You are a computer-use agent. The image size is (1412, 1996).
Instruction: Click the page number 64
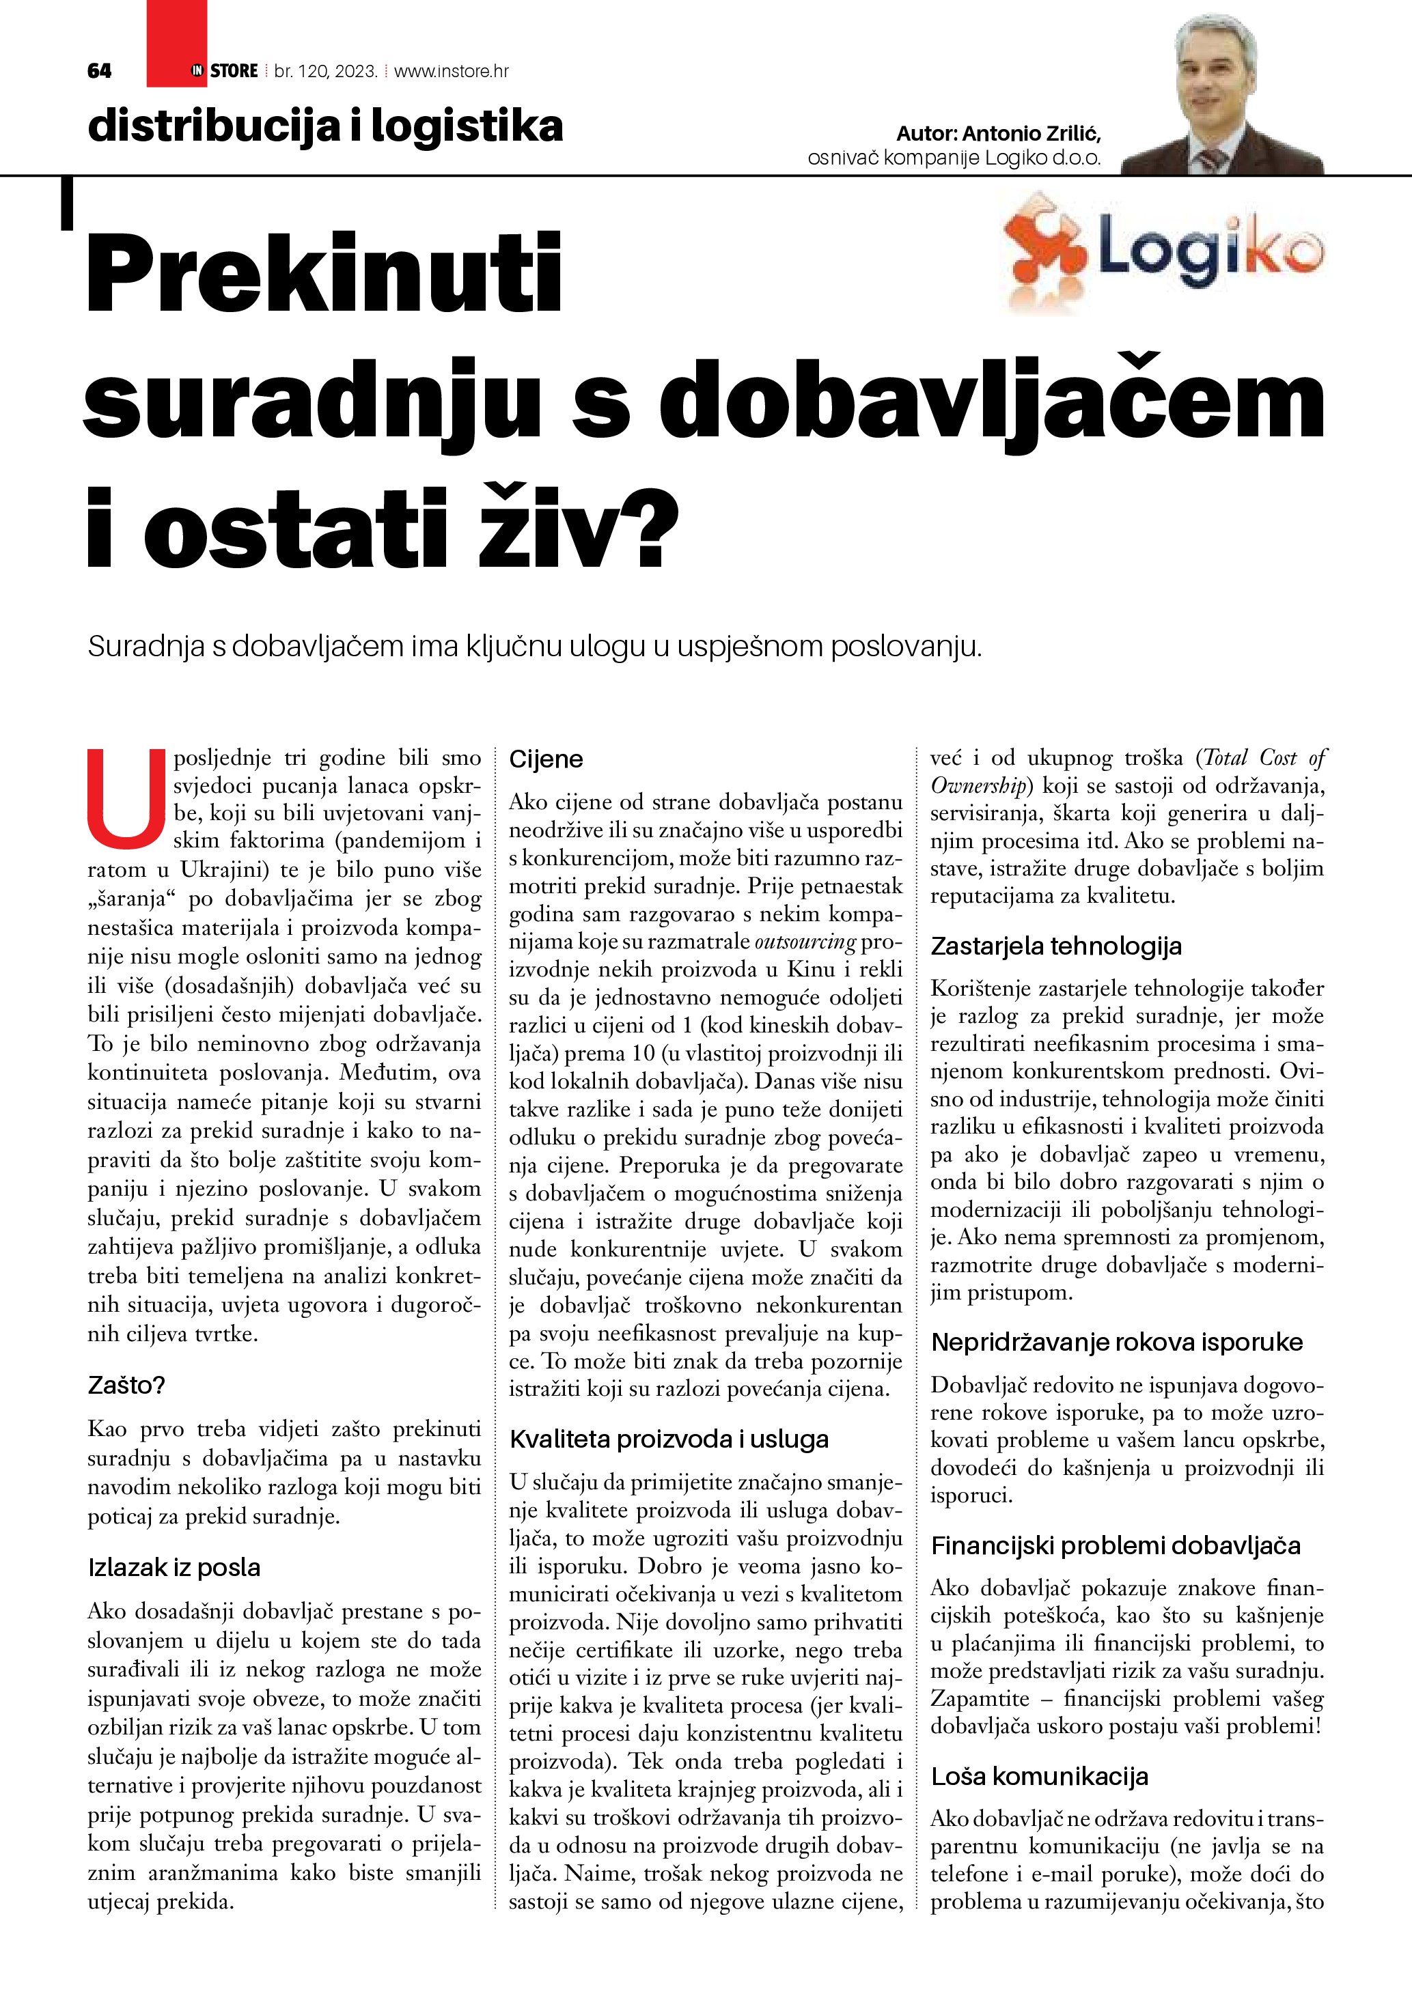pyautogui.click(x=99, y=71)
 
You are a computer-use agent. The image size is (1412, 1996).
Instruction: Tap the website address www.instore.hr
pyautogui.click(x=452, y=71)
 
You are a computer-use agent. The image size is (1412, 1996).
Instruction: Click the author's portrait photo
pyautogui.click(x=1221, y=96)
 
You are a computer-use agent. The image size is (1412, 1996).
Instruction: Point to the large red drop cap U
pyautogui.click(x=126, y=798)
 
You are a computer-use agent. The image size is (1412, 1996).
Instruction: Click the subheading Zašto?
pyautogui.click(x=126, y=1386)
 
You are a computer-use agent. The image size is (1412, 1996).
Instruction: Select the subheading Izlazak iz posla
pyautogui.click(x=174, y=1567)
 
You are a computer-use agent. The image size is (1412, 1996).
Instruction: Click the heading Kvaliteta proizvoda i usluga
pyautogui.click(x=669, y=1439)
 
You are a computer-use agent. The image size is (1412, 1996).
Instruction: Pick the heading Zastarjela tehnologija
pyautogui.click(x=1055, y=946)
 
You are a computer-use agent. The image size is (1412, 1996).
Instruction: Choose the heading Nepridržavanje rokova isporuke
pyautogui.click(x=1116, y=1343)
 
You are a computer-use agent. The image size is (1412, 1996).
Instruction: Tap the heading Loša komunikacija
pyautogui.click(x=1039, y=1776)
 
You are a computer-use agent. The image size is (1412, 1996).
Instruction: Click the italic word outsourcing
pyautogui.click(x=805, y=942)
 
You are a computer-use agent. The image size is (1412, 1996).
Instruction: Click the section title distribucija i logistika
pyautogui.click(x=325, y=127)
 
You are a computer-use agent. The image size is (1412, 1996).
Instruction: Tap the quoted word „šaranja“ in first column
pyautogui.click(x=130, y=898)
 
